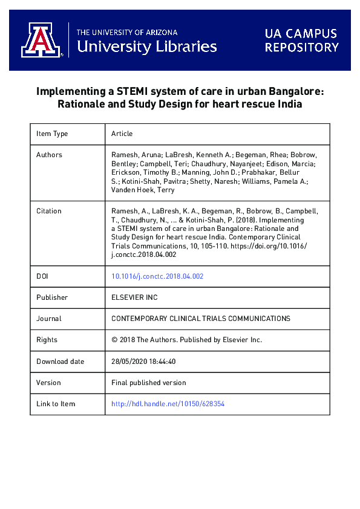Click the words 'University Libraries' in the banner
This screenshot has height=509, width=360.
pos(147,46)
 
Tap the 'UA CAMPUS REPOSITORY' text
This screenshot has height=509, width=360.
pos(301,40)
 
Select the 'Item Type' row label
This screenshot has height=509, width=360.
pos(52,134)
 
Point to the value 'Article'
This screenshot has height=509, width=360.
pos(122,134)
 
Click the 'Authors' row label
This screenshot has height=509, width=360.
pos(49,155)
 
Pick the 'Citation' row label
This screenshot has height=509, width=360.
pos(49,211)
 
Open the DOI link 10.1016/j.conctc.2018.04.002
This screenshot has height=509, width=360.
pos(157,276)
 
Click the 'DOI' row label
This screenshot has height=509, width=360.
pos(43,276)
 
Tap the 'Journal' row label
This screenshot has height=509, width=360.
pos(49,319)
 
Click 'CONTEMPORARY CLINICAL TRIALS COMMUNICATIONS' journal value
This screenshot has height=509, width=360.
pos(201,319)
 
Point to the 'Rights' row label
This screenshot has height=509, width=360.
pos(47,340)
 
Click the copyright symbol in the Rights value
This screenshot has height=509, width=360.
pos(115,340)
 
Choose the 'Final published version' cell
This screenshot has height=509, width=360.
pos(149,383)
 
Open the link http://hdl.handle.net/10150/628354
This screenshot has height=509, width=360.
pos(168,404)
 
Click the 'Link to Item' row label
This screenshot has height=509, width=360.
pos(56,404)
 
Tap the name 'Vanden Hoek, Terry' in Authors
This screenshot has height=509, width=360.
pos(143,190)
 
